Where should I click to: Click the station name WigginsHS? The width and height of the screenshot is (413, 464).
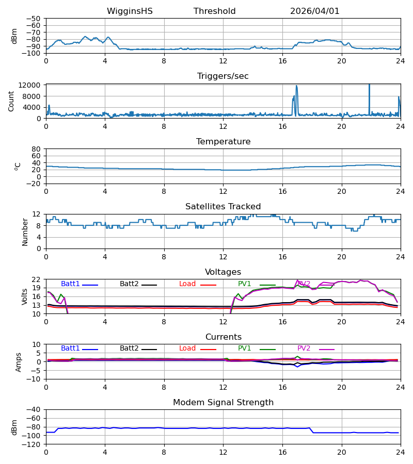click(x=130, y=11)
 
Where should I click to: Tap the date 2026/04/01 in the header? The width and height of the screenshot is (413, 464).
click(x=314, y=11)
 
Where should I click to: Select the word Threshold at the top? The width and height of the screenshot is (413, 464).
click(x=214, y=11)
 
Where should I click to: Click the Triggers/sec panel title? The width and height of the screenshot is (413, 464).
click(x=223, y=76)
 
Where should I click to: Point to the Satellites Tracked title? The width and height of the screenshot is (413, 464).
click(x=223, y=207)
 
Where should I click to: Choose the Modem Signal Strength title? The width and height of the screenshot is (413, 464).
click(x=223, y=403)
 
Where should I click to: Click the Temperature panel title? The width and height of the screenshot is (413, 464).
click(x=223, y=141)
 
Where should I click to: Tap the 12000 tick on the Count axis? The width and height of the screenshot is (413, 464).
click(x=29, y=85)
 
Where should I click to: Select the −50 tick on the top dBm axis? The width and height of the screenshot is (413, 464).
click(x=33, y=19)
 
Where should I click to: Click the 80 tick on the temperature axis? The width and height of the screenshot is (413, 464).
click(x=36, y=149)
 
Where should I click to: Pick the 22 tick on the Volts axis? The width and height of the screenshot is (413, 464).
click(x=36, y=279)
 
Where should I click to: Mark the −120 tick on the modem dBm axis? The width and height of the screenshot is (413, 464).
click(x=31, y=444)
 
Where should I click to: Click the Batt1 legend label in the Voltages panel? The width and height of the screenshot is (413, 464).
click(x=70, y=284)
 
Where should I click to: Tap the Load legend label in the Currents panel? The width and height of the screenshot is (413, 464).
click(x=187, y=349)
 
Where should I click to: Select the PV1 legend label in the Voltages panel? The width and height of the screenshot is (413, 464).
click(x=244, y=284)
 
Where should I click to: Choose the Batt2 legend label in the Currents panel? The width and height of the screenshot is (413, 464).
click(x=129, y=349)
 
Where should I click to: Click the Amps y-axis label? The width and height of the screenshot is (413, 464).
click(x=19, y=362)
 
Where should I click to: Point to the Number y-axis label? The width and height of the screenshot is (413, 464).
click(x=25, y=232)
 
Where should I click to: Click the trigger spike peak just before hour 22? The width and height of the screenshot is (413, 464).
click(x=369, y=85)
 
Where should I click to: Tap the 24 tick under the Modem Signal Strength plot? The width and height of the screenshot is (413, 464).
click(x=401, y=453)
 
